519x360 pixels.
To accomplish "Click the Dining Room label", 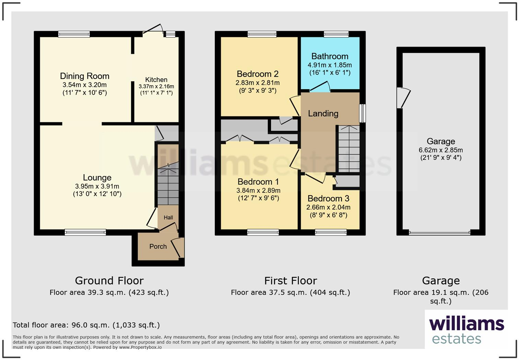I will coord(84,76).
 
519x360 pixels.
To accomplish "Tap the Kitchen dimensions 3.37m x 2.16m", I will coord(156,87).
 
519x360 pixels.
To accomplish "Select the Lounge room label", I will coord(97,178).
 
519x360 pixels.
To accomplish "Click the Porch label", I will coord(158,246).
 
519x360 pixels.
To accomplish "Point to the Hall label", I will coord(168,217).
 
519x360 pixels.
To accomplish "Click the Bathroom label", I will coord(330,56).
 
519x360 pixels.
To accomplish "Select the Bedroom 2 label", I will coord(257,74).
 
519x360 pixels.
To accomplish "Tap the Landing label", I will coord(323,113).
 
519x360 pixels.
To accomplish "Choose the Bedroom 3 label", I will coord(328,199).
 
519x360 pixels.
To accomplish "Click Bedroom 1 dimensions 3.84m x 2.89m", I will coord(258,190).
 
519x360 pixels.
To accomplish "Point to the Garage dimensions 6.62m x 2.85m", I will coord(440,150).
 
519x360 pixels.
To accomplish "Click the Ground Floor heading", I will coord(109,281).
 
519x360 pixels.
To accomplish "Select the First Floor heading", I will coord(290,281).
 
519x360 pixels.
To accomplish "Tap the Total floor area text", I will coord(86,325).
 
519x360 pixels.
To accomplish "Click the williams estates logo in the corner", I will coord(466,330).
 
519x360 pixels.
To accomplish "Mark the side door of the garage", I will coord(403,98).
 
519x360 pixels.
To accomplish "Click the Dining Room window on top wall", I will coord(74,34).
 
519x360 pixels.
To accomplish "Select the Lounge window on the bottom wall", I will coord(85,233).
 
